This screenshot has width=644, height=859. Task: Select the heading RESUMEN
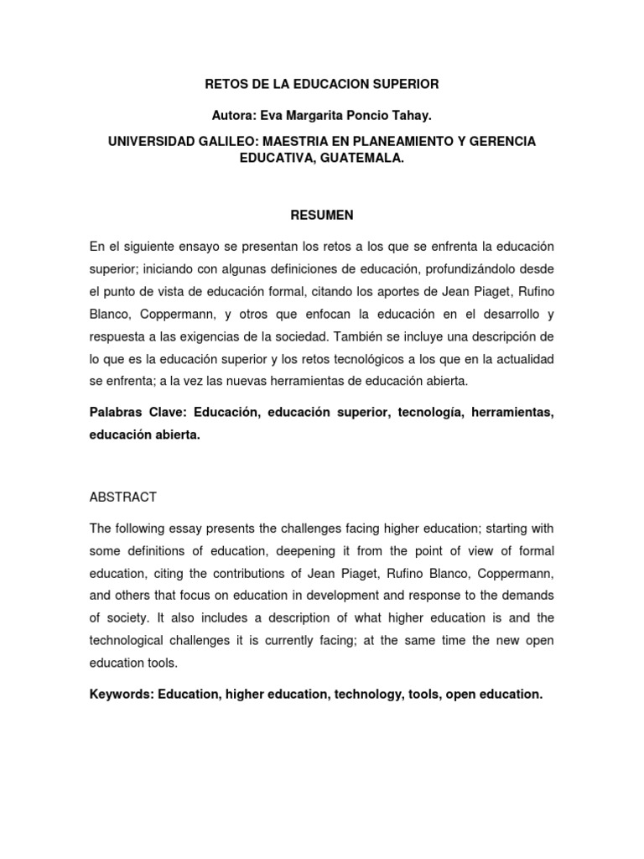[322, 216]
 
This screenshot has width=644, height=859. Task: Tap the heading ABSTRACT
[122, 497]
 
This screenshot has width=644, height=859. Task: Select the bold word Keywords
[121, 695]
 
